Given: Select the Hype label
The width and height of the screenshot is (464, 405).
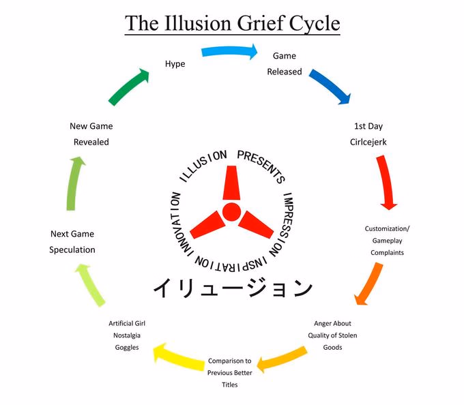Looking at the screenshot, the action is click(x=175, y=64).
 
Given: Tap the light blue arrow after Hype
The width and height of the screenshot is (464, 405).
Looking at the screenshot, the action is click(x=229, y=51).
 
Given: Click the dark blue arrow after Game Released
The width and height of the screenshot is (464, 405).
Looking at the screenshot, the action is click(x=331, y=87).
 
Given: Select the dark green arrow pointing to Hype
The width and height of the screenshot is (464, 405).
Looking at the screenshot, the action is click(x=129, y=87).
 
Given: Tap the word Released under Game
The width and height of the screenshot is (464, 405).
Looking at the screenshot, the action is click(x=285, y=72).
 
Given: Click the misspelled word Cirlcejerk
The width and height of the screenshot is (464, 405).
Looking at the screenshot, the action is click(x=368, y=142).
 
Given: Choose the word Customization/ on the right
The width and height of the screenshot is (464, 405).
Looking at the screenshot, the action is click(x=387, y=229).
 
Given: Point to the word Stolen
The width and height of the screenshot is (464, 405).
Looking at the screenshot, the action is click(x=348, y=335).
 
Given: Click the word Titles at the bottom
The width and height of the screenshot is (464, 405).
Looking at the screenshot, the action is click(x=230, y=385).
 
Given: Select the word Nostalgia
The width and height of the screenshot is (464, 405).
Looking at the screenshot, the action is click(x=127, y=336).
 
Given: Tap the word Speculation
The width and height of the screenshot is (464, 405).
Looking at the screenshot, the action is click(x=72, y=250).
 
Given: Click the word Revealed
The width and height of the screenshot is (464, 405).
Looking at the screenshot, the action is click(x=91, y=142).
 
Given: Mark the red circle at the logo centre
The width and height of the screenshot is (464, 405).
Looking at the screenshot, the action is click(x=231, y=212).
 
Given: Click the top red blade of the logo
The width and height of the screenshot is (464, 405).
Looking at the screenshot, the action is click(x=231, y=183).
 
